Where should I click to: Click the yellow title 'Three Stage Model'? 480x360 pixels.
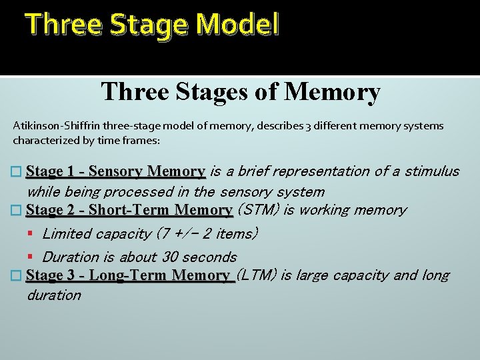152,26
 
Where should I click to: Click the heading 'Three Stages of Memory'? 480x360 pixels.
241,91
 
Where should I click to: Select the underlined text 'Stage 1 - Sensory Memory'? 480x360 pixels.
115,172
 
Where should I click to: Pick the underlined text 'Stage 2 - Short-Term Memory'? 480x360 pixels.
129,211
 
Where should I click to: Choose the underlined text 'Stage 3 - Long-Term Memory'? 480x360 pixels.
130,275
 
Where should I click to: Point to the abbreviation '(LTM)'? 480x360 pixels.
257,275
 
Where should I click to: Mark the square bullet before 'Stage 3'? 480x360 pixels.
18,276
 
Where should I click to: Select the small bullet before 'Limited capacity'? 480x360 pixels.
31,234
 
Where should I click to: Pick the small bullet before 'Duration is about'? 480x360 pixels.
31,257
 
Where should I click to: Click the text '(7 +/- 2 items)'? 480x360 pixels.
206,234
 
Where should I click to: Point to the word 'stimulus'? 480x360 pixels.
432,172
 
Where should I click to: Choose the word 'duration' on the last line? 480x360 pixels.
53,295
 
